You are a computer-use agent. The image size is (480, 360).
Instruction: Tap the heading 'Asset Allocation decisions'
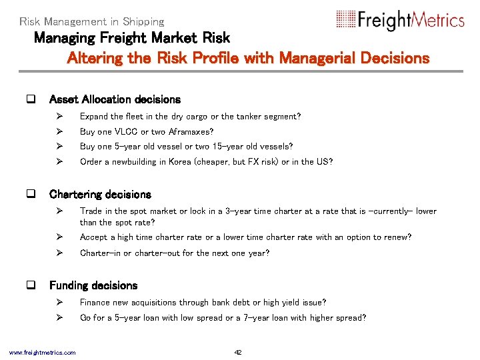point(115,99)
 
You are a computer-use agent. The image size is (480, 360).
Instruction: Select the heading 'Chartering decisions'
point(100,195)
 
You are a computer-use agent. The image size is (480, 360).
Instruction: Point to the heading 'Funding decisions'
point(93,285)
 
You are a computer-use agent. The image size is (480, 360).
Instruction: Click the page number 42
point(238,352)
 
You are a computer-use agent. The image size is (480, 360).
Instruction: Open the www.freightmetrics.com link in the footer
point(42,352)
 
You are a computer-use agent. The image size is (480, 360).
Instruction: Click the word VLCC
point(126,131)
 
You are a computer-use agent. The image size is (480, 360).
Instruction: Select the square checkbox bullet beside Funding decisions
point(29,285)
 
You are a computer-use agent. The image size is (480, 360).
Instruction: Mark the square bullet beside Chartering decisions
point(29,195)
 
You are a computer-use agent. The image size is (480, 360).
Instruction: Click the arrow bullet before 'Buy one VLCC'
point(59,131)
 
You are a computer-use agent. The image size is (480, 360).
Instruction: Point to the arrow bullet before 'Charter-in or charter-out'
point(59,253)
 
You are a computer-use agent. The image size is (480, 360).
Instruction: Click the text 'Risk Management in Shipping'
point(91,21)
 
